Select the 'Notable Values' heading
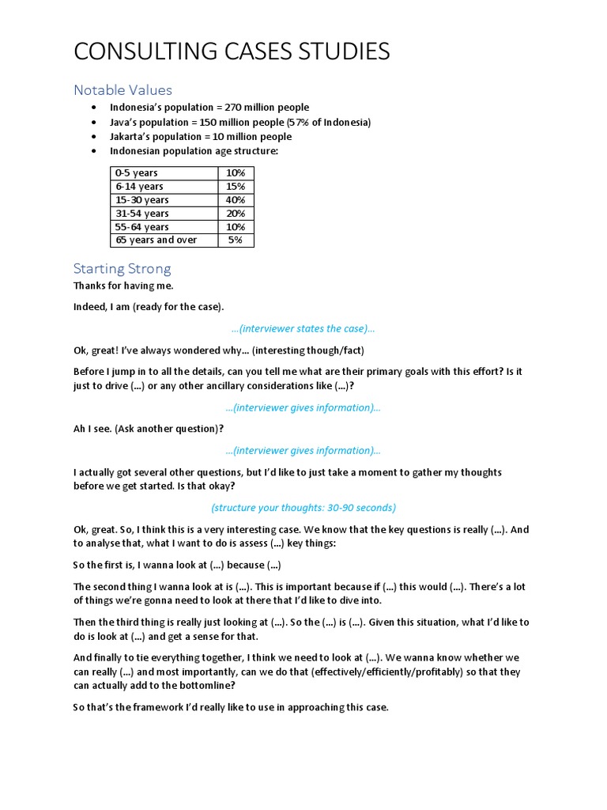click(123, 90)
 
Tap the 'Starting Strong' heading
click(122, 268)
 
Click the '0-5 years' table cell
click(137, 172)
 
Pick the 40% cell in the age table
click(235, 199)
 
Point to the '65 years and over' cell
click(156, 240)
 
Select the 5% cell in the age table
click(235, 240)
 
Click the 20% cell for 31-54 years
click(235, 213)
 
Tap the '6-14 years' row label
click(140, 186)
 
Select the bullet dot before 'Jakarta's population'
click(94, 136)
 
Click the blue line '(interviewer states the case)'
click(303, 328)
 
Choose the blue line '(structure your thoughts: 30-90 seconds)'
click(303, 507)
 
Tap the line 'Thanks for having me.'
click(123, 286)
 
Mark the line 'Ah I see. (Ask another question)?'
click(149, 429)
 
